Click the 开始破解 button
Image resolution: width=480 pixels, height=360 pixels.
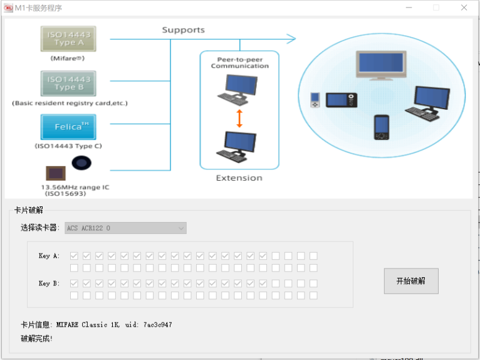tap(410, 281)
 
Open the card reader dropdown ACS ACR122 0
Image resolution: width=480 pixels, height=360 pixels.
tap(125, 228)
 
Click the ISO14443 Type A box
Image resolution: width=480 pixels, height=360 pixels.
tap(68, 39)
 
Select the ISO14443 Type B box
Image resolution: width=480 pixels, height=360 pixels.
tap(68, 83)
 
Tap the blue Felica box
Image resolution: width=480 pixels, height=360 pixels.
tap(68, 127)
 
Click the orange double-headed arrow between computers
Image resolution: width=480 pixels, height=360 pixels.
tap(239, 119)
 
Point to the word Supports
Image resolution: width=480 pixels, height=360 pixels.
tap(183, 30)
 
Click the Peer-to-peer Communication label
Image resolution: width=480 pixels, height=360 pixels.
tap(239, 63)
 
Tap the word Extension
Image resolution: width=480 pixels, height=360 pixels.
tap(239, 178)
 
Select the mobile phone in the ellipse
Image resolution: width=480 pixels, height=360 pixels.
tap(382, 127)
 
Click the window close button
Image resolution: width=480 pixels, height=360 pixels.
tap(464, 8)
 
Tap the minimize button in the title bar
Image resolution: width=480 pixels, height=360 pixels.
tap(408, 8)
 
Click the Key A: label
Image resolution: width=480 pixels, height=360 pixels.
tap(49, 256)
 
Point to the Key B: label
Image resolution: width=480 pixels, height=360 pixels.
tap(49, 283)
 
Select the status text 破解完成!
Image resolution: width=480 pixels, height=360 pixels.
tap(37, 339)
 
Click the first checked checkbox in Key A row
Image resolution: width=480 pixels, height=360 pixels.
tap(74, 256)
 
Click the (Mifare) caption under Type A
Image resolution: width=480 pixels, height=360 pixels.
tap(68, 58)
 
